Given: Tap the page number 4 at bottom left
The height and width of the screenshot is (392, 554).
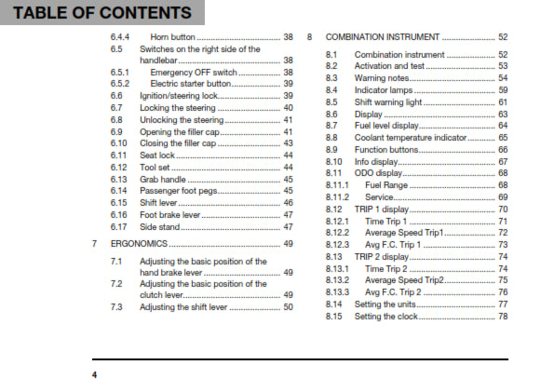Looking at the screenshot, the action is coord(94,375).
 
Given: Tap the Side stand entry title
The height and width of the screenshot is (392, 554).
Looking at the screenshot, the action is coord(162,226).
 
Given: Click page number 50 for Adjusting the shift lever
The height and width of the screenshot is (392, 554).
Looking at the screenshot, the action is coord(288,306).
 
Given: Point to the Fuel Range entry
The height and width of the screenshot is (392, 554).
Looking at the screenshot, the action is coord(376,185).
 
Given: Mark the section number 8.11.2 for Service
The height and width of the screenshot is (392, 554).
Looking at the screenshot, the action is coord(337,197).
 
